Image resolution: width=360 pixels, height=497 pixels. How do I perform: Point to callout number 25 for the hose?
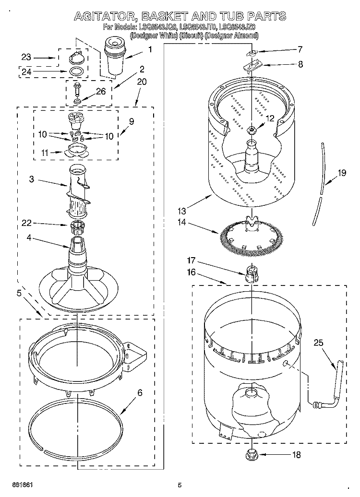[318, 343]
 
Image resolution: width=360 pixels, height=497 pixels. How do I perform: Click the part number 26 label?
[100, 93]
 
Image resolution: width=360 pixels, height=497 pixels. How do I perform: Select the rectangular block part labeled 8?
[252, 64]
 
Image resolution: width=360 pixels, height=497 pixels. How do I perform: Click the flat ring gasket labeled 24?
[76, 72]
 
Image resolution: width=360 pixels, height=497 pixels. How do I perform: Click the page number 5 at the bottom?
[180, 485]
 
